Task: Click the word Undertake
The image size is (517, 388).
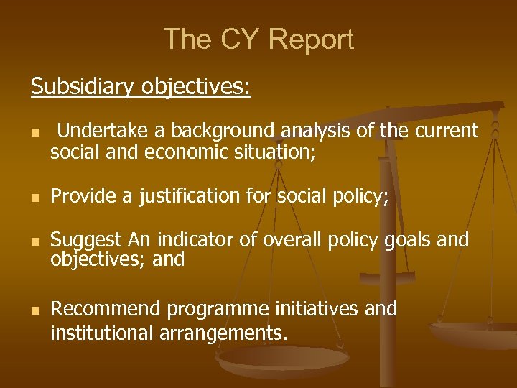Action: (x=101, y=131)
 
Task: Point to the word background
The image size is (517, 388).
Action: (x=222, y=131)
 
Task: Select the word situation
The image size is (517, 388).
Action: (x=278, y=152)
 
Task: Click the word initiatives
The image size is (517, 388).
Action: (x=320, y=310)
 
